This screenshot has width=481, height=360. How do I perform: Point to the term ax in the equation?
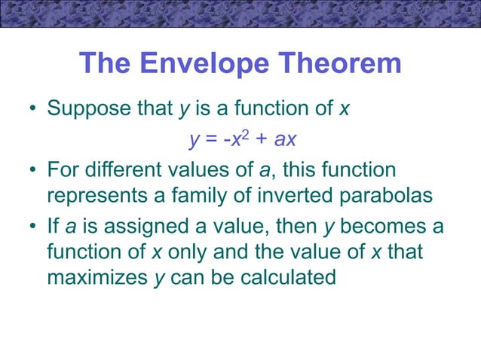pos(284,140)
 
